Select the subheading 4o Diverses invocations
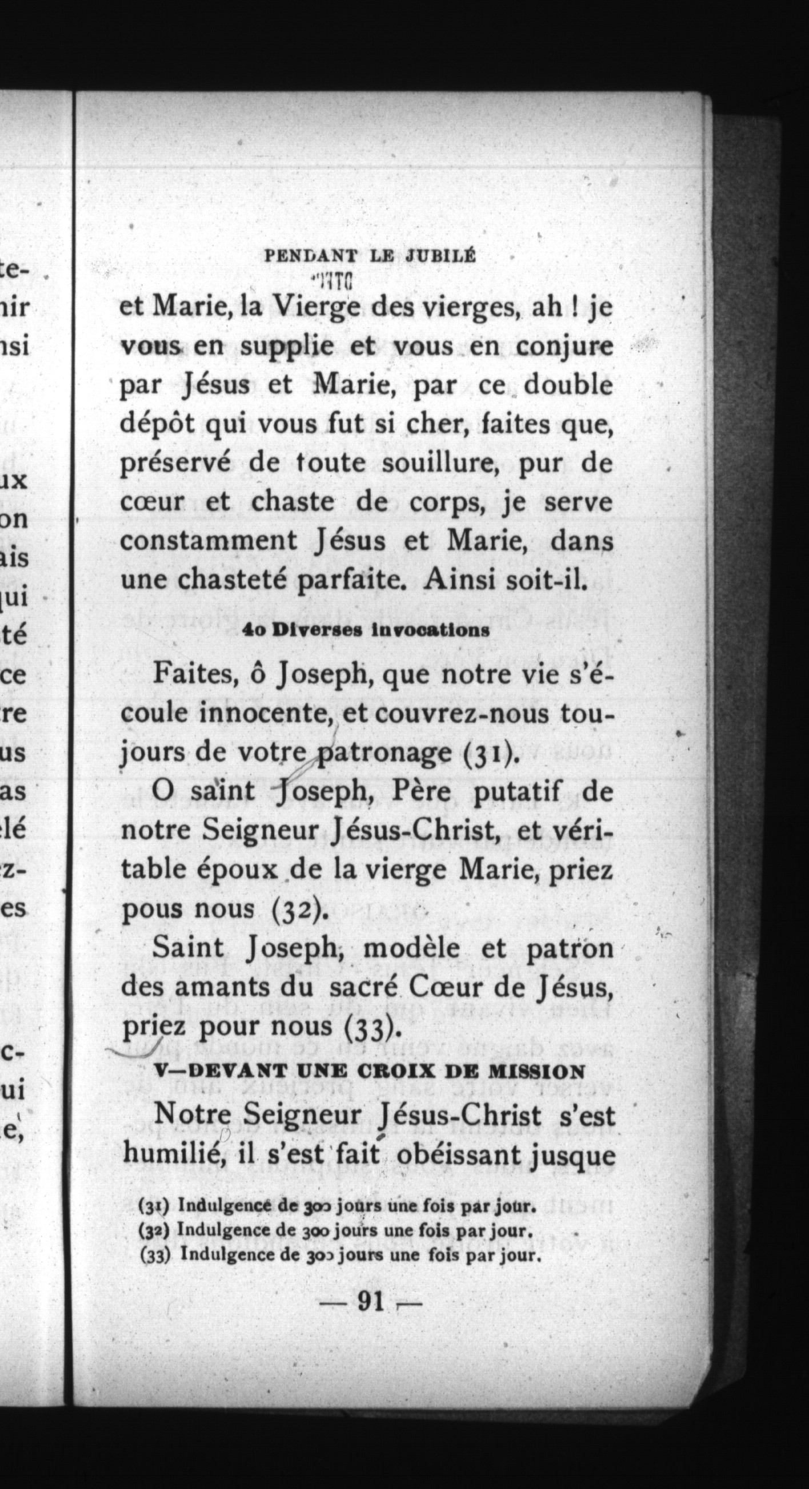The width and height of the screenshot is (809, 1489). point(366,630)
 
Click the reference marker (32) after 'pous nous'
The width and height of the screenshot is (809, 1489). point(299,910)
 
